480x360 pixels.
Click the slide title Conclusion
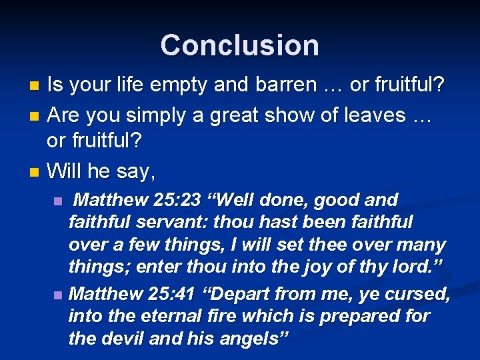239,45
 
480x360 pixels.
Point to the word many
423,245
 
